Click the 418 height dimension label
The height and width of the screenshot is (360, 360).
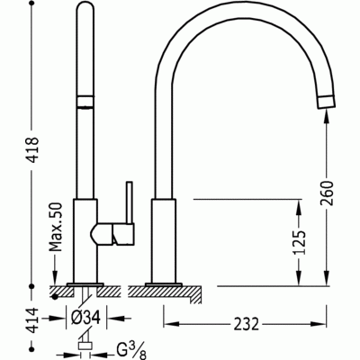(x=33, y=149)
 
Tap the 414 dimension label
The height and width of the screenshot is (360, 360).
(x=33, y=320)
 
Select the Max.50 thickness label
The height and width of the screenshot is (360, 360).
(x=56, y=227)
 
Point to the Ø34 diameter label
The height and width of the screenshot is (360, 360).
(x=85, y=318)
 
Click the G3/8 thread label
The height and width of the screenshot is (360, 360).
(x=130, y=351)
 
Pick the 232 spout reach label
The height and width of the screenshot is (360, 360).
(x=246, y=324)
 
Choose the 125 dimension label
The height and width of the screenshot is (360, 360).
(x=299, y=242)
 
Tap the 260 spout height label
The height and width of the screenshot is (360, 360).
(x=327, y=193)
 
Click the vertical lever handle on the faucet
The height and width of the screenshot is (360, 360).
(x=130, y=202)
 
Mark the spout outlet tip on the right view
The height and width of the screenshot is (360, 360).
(x=326, y=102)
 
